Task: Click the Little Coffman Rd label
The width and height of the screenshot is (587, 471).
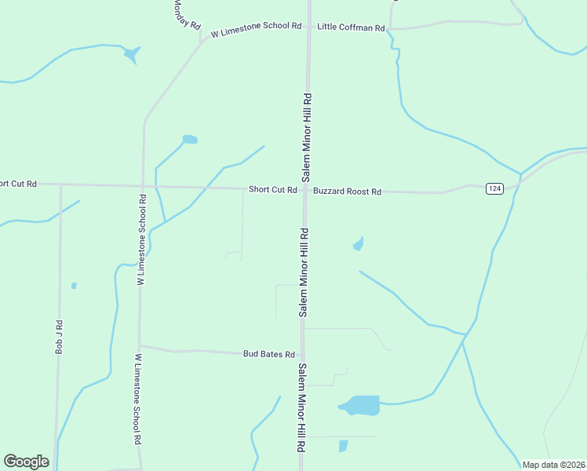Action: tap(351, 27)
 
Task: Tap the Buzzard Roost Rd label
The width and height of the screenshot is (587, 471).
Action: tap(347, 191)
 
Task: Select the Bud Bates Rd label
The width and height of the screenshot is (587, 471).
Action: tap(268, 354)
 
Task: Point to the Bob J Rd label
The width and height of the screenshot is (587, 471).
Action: tap(59, 336)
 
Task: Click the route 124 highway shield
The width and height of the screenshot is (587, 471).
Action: tap(494, 188)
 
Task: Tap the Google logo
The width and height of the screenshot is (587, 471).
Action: tap(26, 462)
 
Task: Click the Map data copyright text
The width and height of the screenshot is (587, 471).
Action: tap(554, 465)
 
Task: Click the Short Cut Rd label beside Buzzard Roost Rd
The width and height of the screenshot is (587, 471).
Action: tap(272, 190)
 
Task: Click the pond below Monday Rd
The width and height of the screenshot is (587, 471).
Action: tap(131, 54)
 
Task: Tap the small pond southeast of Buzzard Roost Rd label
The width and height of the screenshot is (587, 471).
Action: tap(359, 244)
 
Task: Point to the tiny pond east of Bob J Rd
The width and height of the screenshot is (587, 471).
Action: tap(74, 286)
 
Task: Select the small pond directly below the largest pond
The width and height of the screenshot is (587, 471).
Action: tap(343, 446)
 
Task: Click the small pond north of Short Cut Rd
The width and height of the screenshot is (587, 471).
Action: tap(189, 140)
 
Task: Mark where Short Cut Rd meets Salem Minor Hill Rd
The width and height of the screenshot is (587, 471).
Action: tap(305, 189)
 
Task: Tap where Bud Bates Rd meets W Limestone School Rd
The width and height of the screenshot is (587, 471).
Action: tap(140, 345)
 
